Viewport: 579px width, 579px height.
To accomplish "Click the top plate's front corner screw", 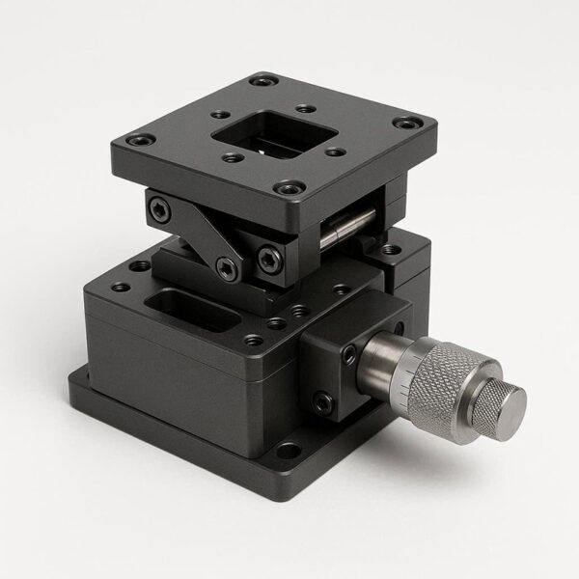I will point(285,190).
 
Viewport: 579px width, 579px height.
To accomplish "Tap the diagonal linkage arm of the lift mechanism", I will point(199,236).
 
